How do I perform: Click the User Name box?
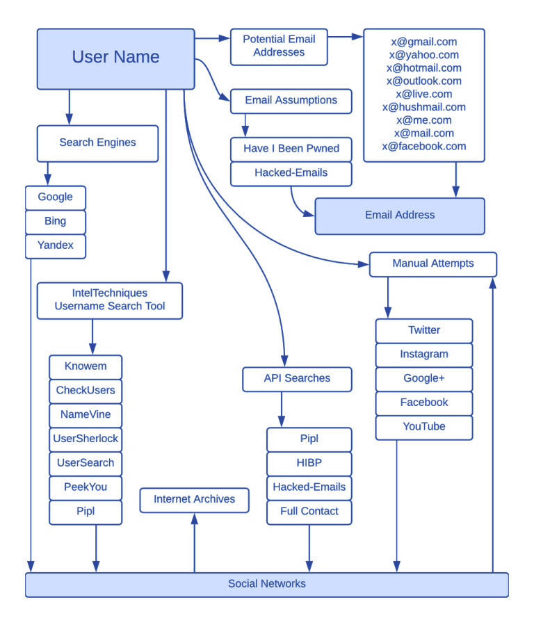pos(115,58)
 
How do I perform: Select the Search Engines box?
pos(97,143)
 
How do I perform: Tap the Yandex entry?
pos(56,245)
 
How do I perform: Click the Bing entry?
pos(56,222)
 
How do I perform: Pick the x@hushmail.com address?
pos(423,107)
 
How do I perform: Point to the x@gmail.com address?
pos(423,42)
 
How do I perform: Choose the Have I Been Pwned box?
pos(291,149)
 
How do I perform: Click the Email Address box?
pos(400,216)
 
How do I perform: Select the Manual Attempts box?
pos(432,264)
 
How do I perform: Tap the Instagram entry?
pos(423,355)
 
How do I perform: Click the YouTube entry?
pos(423,427)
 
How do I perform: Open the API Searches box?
pos(297,379)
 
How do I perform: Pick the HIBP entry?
pos(309,463)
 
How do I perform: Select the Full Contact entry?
pos(309,512)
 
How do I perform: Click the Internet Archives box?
pos(195,500)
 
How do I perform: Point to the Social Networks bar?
pos(267,584)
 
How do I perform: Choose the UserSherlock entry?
pos(86,439)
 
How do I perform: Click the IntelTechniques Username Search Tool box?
pos(110,300)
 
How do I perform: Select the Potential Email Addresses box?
pos(278,47)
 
